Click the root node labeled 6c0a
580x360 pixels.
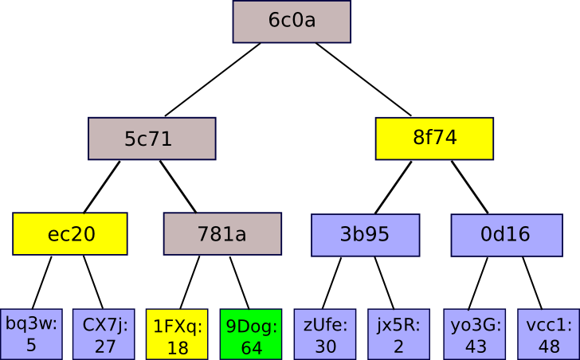[292, 22]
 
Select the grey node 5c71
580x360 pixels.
[151, 139]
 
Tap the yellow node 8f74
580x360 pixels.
[434, 138]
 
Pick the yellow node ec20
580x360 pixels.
[70, 233]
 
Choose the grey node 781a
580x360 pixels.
[222, 234]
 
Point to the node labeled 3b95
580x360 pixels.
[365, 235]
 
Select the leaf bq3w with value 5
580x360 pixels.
[31, 334]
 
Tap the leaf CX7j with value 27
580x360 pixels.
[104, 334]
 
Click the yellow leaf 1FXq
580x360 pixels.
[177, 334]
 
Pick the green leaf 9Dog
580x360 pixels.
[251, 334]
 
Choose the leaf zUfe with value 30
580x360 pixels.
[325, 334]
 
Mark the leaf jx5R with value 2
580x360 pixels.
[398, 334]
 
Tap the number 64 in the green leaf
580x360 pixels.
[251, 347]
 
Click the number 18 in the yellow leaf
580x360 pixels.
[177, 347]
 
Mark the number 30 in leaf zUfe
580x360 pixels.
[325, 347]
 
